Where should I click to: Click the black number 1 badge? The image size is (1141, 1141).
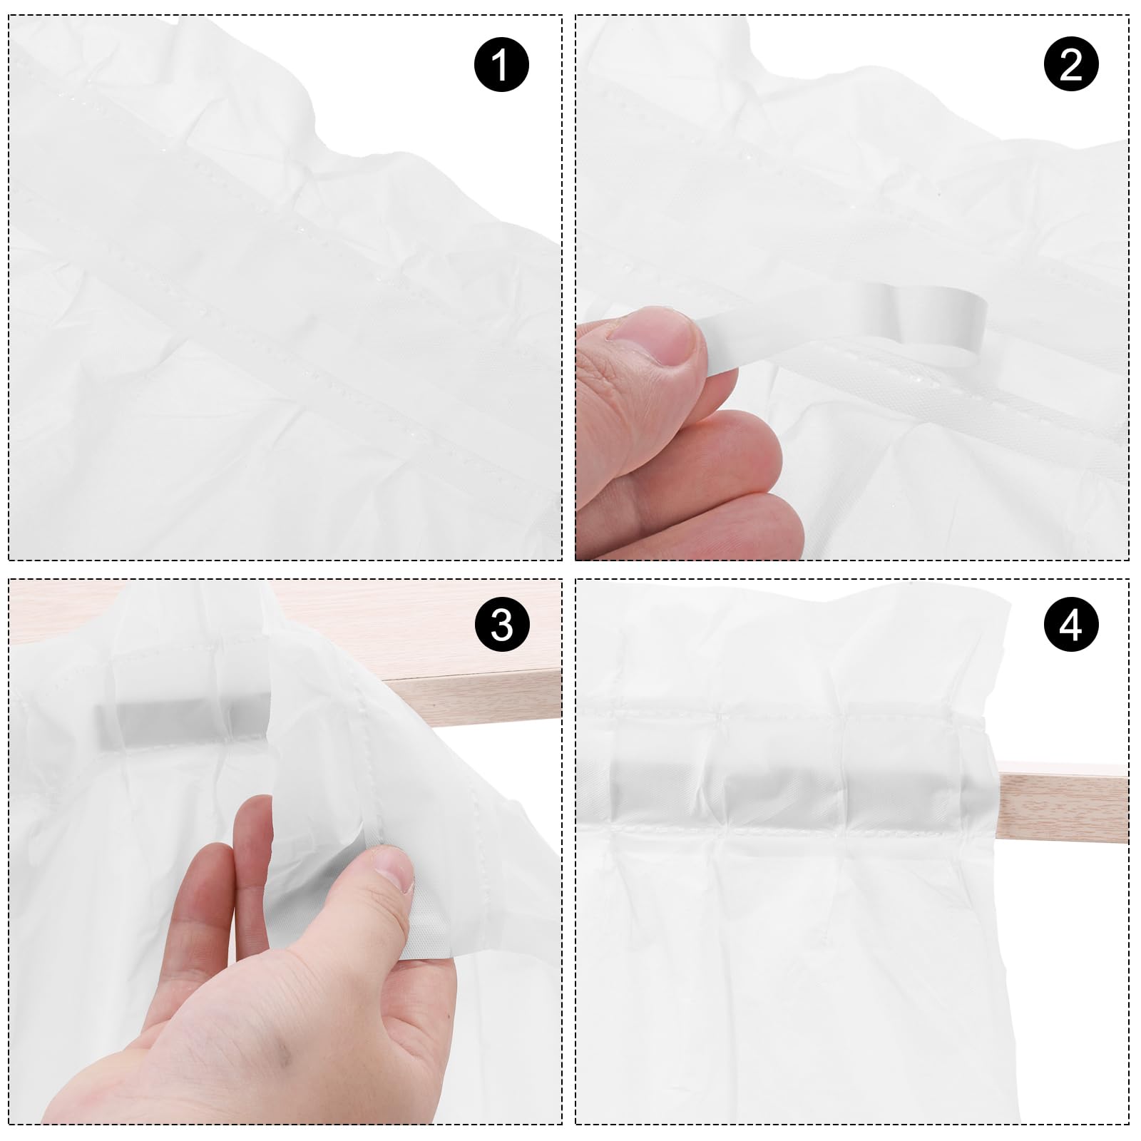click(501, 64)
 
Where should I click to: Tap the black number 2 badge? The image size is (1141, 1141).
click(1071, 64)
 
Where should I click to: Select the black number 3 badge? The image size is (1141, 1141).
click(501, 624)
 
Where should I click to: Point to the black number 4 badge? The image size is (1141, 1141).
click(1071, 624)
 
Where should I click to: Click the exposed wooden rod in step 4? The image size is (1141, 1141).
click(1063, 802)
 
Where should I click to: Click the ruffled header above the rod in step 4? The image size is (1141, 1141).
click(792, 649)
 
